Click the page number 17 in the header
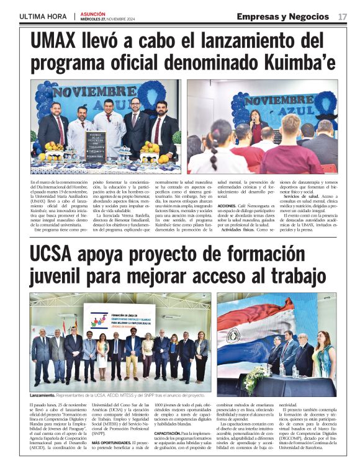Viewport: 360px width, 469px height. [343, 16]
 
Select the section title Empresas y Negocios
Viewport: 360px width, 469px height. [282, 16]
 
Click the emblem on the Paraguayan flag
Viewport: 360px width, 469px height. [233, 334]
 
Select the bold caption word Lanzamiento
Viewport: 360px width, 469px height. [43, 395]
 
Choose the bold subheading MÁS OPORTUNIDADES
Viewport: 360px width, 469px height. [109, 444]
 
